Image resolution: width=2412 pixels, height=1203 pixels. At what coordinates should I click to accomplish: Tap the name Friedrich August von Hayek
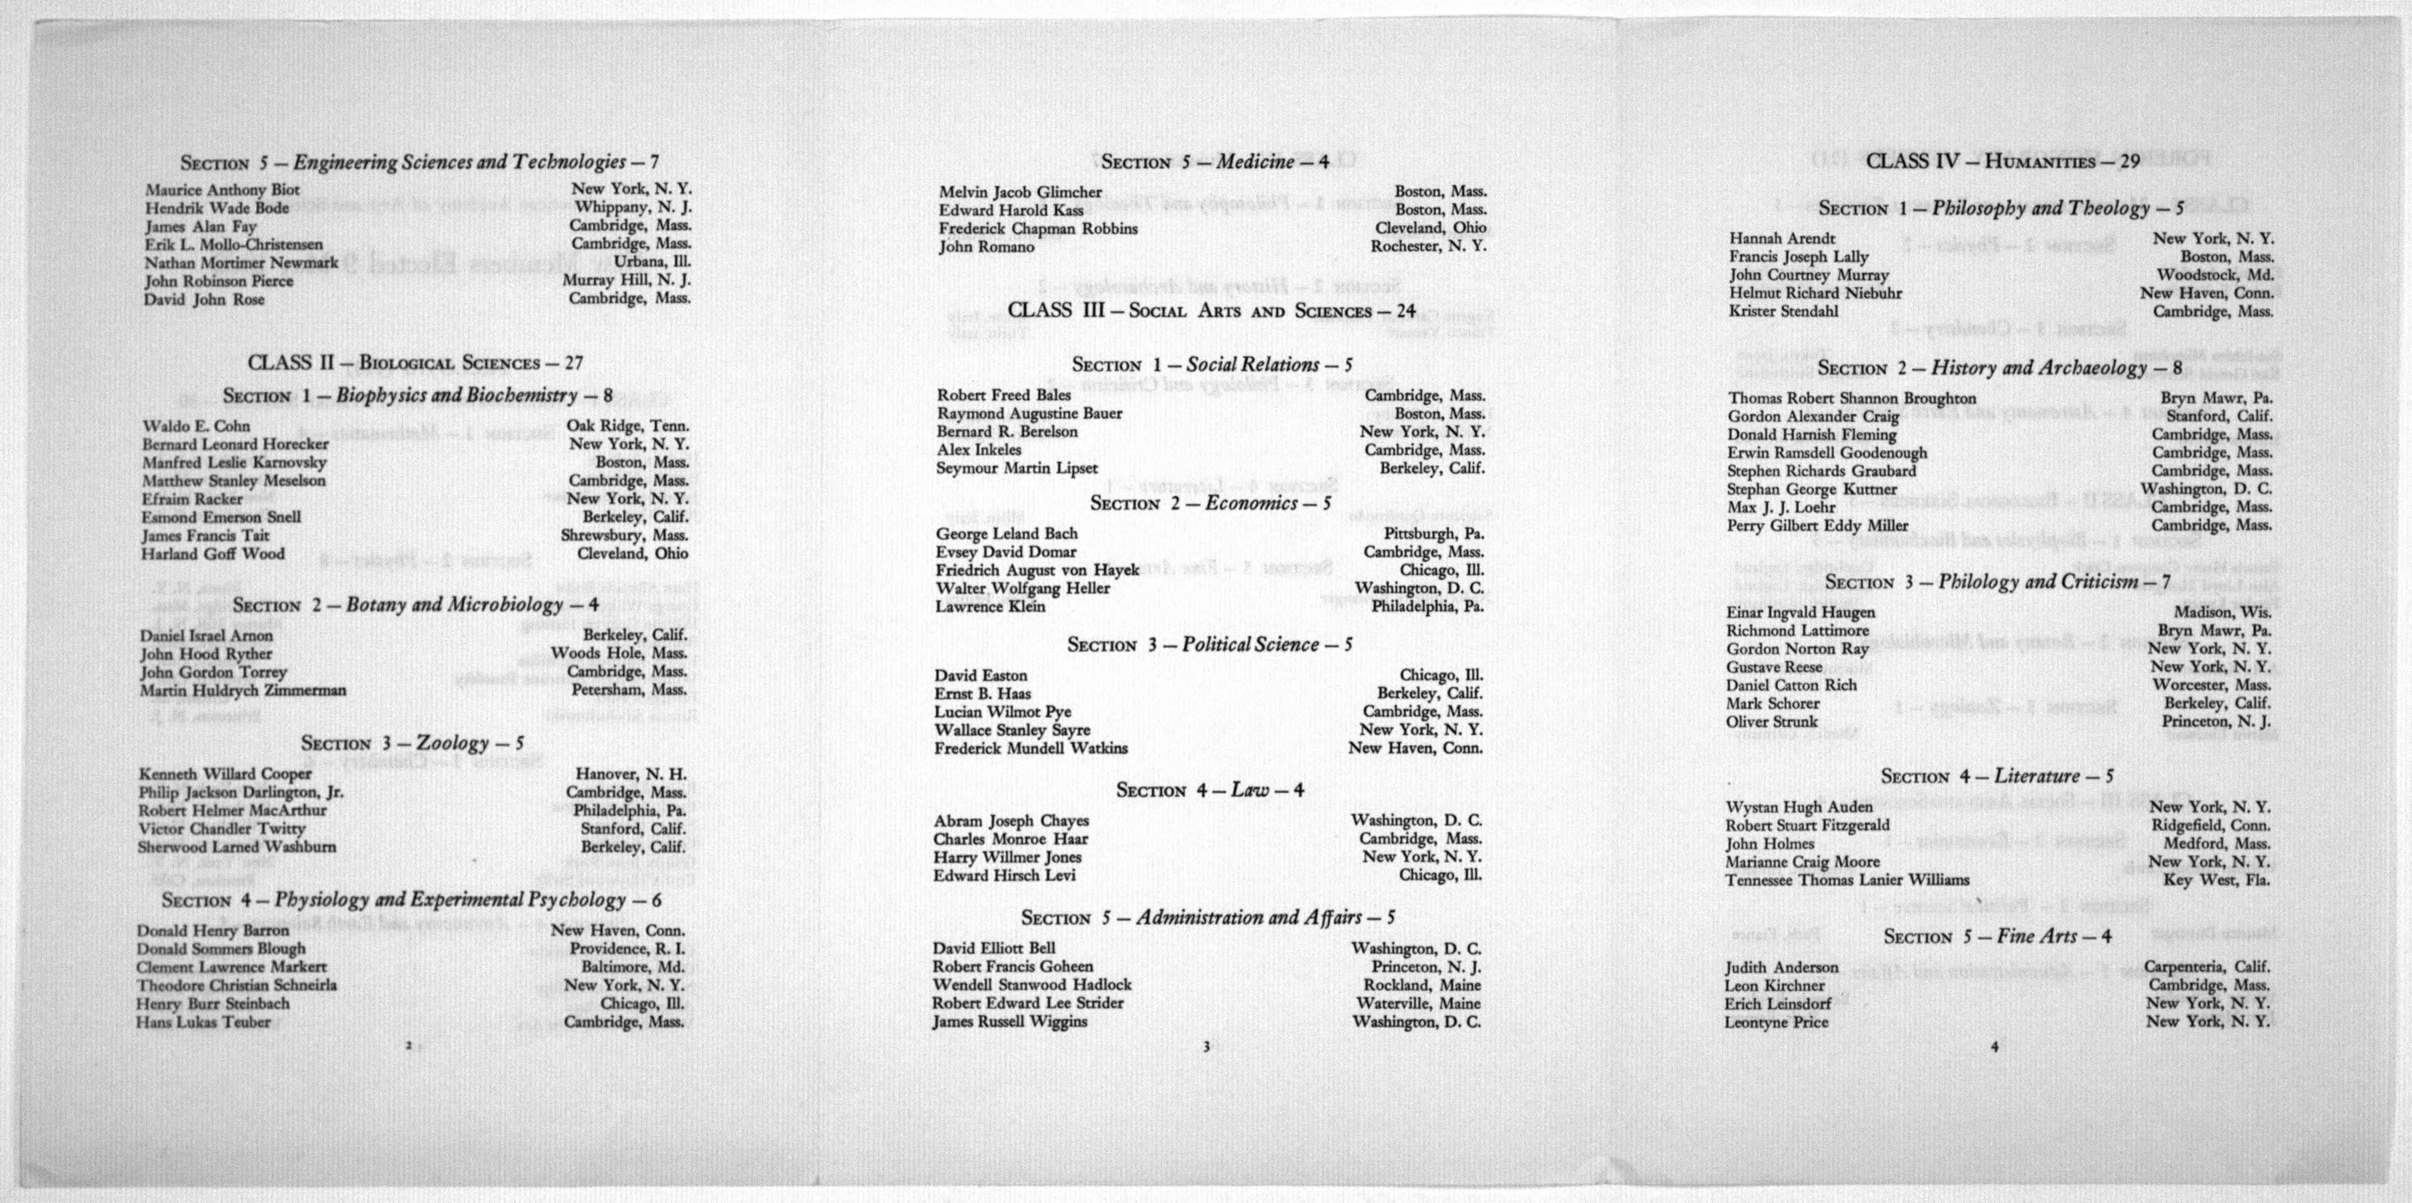(x=1037, y=570)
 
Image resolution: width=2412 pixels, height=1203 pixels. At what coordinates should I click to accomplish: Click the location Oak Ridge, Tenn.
(x=627, y=426)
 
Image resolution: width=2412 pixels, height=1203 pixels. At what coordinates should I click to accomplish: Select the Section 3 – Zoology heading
(x=412, y=743)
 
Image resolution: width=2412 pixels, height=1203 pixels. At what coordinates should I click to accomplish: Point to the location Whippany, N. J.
(x=633, y=208)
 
